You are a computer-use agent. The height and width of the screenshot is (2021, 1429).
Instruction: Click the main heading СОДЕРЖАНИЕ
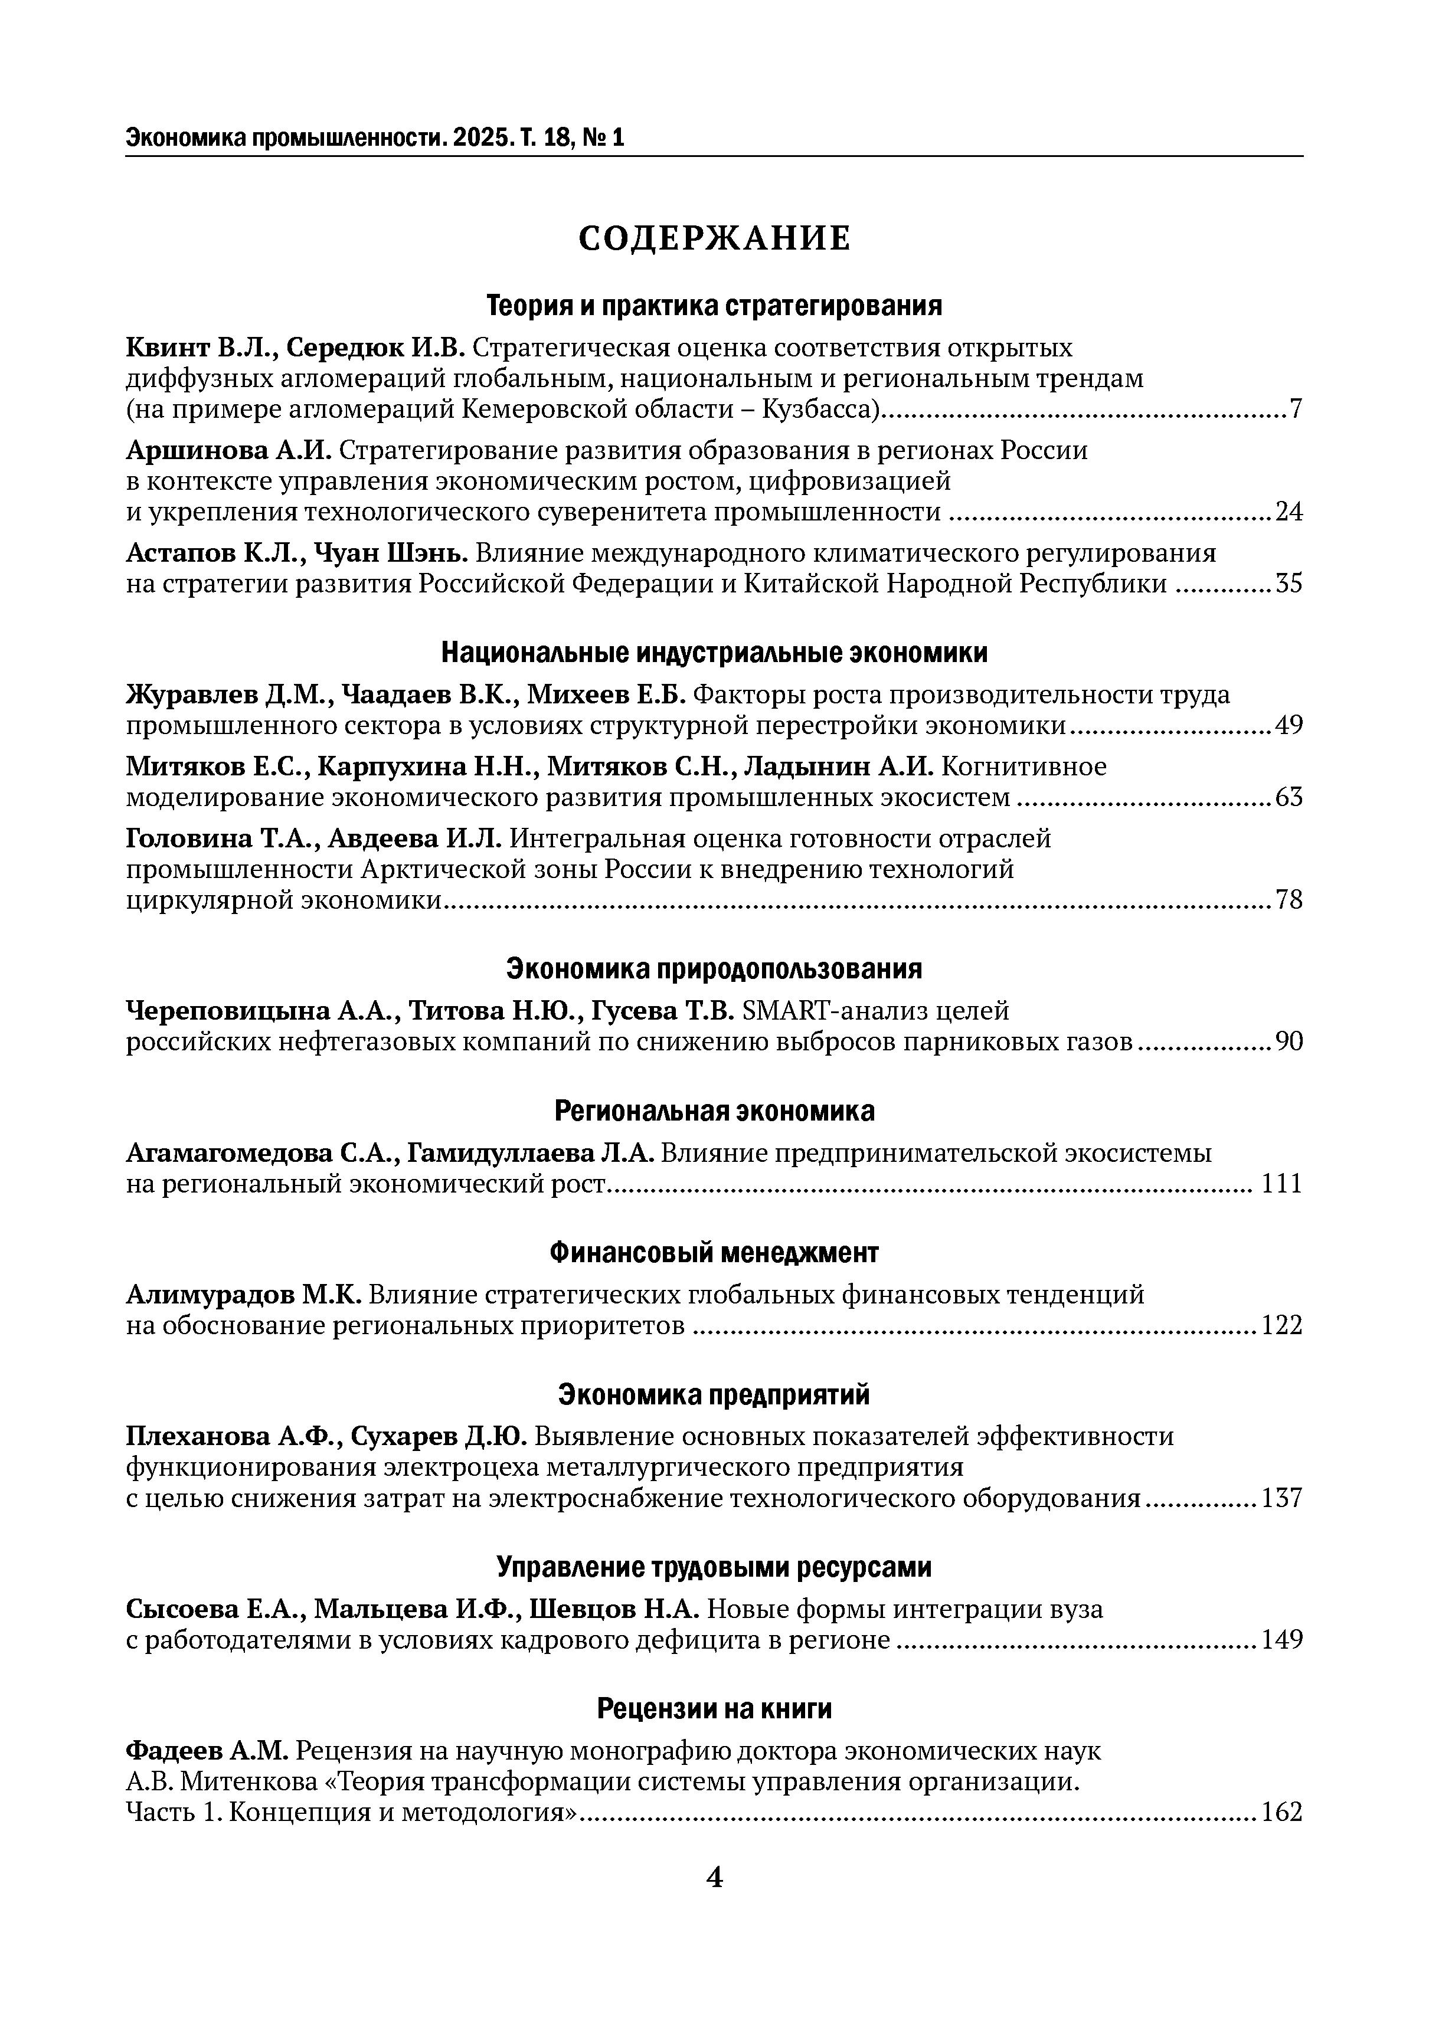click(x=714, y=238)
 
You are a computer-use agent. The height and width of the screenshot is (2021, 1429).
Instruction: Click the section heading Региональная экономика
click(x=714, y=1111)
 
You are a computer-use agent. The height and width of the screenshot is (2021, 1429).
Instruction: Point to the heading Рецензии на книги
click(x=714, y=1708)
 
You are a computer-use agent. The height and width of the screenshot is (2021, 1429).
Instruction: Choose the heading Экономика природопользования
click(x=714, y=969)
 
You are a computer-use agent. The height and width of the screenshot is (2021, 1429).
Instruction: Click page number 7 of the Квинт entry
click(x=1295, y=410)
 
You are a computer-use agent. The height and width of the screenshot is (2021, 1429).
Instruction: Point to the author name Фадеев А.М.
click(x=207, y=1751)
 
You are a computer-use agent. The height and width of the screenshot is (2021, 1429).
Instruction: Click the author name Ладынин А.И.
click(x=838, y=767)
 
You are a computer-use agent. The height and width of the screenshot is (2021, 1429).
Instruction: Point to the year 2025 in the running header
click(x=480, y=137)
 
